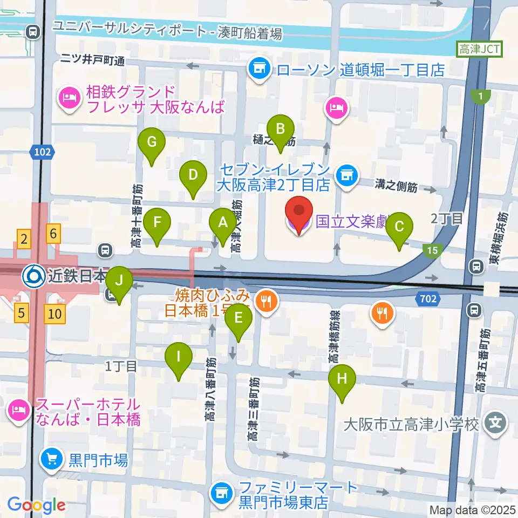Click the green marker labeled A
click(222, 223)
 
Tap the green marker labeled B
click(280, 130)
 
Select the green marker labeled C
click(399, 227)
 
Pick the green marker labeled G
click(152, 144)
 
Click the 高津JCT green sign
click(479, 50)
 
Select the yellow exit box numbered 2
click(23, 238)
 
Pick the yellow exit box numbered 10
click(56, 313)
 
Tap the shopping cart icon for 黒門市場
click(52, 460)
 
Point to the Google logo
click(37, 505)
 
